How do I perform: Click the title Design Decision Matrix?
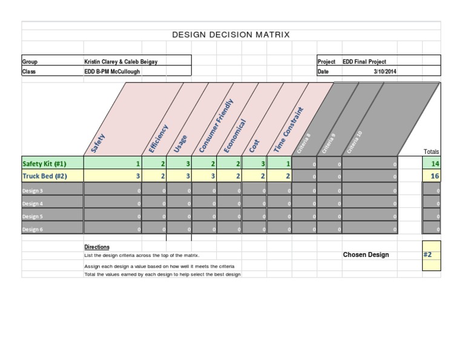231,35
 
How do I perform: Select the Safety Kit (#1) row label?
44,164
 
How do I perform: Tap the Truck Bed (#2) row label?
44,176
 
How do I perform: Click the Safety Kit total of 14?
435,164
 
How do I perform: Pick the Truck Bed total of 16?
435,176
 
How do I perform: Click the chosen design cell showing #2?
428,255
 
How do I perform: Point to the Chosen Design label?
366,255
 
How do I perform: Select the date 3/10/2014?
384,72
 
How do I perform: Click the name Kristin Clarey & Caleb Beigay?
121,62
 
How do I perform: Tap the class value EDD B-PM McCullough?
113,72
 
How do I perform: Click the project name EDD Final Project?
364,62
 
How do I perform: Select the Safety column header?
98,142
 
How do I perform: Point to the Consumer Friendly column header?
216,126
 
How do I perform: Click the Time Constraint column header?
288,129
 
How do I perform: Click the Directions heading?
97,247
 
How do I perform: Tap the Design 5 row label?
33,216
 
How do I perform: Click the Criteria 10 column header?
355,142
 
